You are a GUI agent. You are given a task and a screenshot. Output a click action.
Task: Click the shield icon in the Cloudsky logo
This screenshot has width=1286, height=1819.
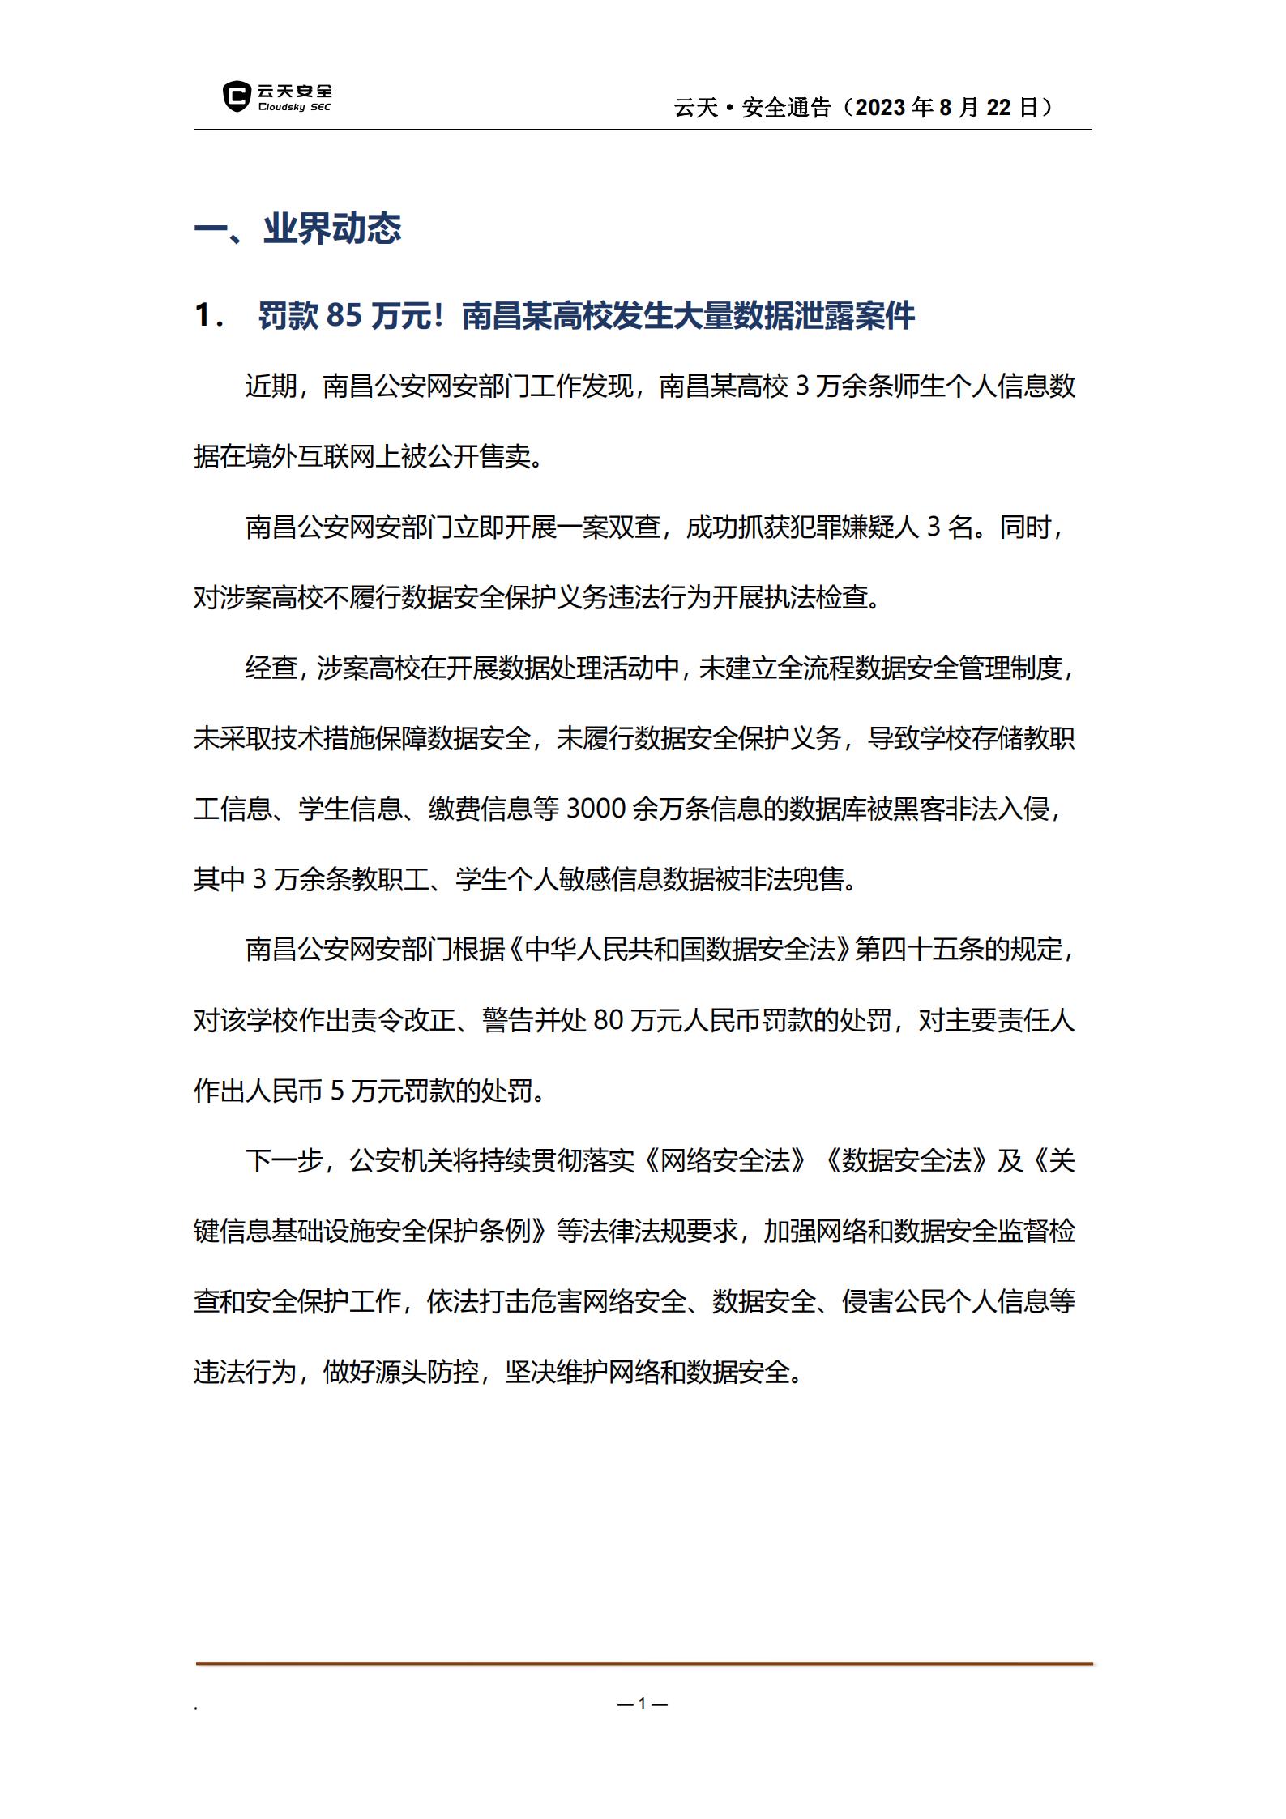tap(236, 96)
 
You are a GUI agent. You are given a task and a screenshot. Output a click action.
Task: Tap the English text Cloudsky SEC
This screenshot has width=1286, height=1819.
tap(294, 108)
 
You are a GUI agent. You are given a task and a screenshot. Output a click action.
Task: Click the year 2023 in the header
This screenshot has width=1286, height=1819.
tap(880, 108)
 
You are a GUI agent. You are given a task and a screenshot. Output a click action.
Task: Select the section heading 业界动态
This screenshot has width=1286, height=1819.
tap(332, 229)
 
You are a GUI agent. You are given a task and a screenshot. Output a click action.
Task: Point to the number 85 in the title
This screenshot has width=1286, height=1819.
tap(344, 315)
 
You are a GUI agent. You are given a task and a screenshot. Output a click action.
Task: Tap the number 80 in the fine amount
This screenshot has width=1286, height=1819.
tap(608, 1020)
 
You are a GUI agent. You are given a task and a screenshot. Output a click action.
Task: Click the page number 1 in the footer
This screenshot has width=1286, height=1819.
tap(643, 1704)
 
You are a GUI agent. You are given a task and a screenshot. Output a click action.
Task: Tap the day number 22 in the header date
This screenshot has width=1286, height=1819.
tap(998, 108)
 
